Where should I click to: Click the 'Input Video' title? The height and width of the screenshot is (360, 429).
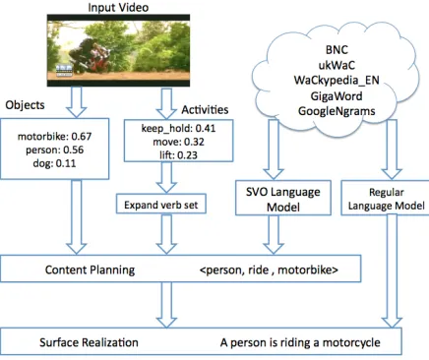[x=118, y=7]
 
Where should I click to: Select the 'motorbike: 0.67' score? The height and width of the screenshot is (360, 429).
[x=54, y=136]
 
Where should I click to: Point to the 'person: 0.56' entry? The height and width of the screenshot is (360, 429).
[x=54, y=150]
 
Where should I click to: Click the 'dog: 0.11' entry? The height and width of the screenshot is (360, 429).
[x=54, y=163]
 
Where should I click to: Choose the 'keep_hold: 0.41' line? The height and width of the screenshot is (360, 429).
[x=178, y=128]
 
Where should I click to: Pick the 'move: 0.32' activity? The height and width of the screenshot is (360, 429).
[x=178, y=142]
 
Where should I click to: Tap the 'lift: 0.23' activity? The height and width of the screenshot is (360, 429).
[x=178, y=154]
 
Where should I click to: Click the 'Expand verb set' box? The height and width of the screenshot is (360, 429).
[x=161, y=204]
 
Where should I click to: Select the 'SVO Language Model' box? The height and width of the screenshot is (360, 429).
[x=283, y=198]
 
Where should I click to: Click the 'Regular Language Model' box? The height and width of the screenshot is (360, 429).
[x=386, y=198]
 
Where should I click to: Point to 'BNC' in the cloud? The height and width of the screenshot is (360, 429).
[x=337, y=50]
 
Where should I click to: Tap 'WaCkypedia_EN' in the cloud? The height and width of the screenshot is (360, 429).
[x=337, y=81]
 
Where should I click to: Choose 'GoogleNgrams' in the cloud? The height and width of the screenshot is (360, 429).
[x=337, y=111]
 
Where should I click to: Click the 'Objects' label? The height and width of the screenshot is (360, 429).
[x=25, y=105]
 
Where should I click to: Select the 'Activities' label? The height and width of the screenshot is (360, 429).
[x=205, y=110]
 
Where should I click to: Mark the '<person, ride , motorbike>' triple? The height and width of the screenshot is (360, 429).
[x=269, y=270]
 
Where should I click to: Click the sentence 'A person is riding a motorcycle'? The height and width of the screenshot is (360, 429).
[x=300, y=342]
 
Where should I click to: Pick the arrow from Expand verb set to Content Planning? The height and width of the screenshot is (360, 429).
[x=166, y=234]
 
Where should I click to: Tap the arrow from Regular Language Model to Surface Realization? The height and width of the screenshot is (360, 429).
[x=392, y=271]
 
